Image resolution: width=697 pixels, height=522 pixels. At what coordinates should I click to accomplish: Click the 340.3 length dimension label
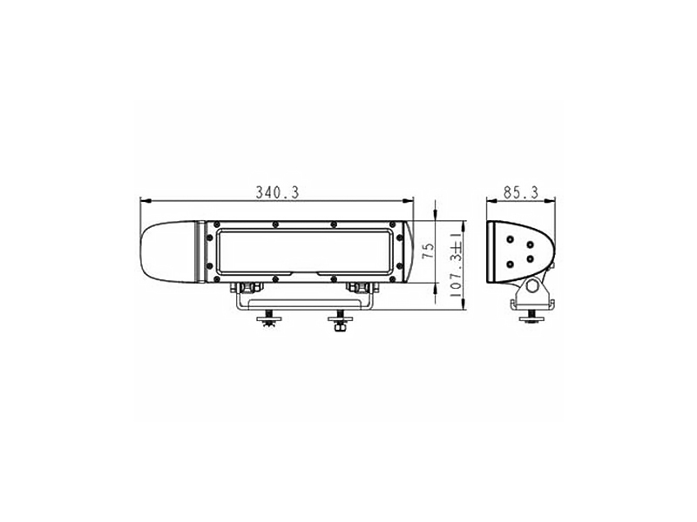click(277, 192)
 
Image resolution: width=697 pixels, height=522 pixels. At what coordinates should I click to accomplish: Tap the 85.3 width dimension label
click(521, 192)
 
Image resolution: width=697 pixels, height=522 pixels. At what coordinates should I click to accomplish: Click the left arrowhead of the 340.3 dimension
click(145, 201)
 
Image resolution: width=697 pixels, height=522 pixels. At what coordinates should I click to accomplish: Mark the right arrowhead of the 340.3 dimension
click(408, 201)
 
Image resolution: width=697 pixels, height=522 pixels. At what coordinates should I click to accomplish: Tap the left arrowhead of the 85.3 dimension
click(491, 201)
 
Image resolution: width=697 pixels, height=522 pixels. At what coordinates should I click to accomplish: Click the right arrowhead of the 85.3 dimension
click(550, 201)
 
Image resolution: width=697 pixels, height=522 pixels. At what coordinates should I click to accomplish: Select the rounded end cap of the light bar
click(169, 251)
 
